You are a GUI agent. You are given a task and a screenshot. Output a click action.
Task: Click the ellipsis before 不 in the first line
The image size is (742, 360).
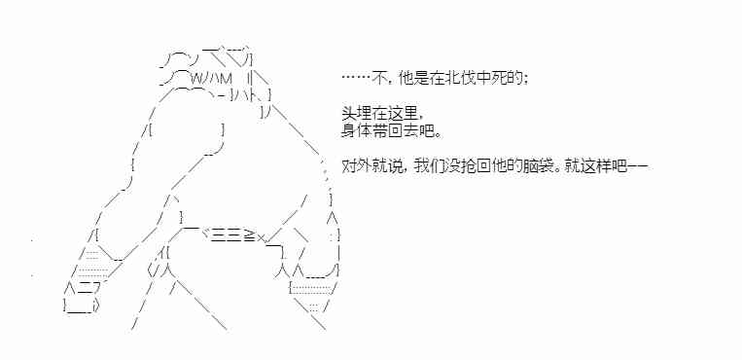[x=355, y=78]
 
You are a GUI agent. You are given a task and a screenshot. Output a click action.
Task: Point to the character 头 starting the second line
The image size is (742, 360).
[x=349, y=115]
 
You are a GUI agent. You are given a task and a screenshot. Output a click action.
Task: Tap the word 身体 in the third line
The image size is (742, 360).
[x=357, y=131]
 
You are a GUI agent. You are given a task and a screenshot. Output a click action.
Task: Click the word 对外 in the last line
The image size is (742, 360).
[x=357, y=167]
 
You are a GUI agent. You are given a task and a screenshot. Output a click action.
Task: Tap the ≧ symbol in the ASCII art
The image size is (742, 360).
[x=249, y=234]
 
